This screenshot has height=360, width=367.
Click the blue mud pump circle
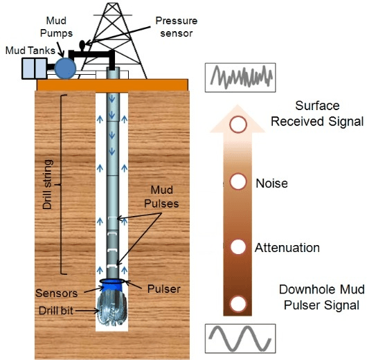pyautogui.click(x=66, y=68)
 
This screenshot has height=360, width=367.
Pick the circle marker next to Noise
pyautogui.click(x=239, y=182)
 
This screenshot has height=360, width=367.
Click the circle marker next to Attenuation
pyautogui.click(x=239, y=247)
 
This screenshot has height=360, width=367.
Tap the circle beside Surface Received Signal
pyautogui.click(x=239, y=125)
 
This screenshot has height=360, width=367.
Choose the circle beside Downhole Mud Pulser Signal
pyautogui.click(x=239, y=303)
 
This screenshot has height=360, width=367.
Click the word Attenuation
pyautogui.click(x=287, y=247)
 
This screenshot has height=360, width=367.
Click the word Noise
pyautogui.click(x=271, y=183)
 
